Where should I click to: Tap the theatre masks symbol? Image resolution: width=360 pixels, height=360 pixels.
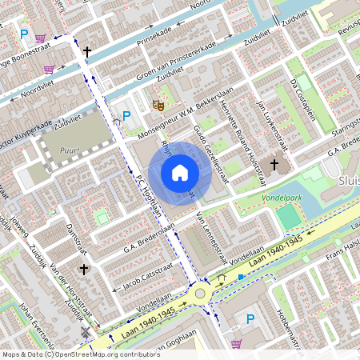(x=158, y=104)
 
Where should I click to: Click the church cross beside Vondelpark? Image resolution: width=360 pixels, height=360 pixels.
(x=274, y=166)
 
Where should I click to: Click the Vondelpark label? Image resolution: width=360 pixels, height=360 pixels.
(x=286, y=196)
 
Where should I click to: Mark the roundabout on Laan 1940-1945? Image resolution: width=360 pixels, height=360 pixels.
(x=200, y=294)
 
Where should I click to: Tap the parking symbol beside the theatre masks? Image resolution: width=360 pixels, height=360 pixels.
(x=126, y=116)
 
